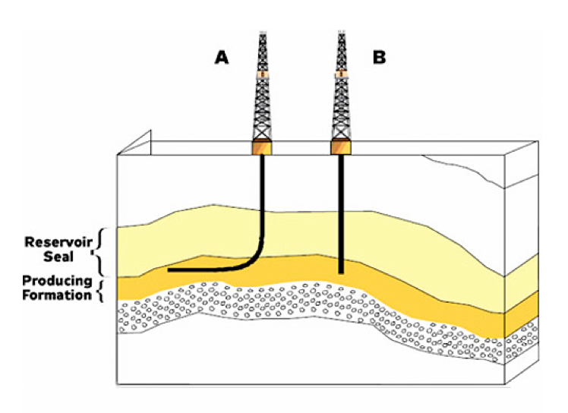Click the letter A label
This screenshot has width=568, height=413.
pyautogui.click(x=222, y=58)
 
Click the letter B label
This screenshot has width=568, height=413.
pyautogui.click(x=379, y=58)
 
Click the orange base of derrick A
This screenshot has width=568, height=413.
pyautogui.click(x=263, y=147)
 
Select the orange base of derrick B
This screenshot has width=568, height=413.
pyautogui.click(x=341, y=147)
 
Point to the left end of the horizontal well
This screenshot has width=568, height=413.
pyautogui.click(x=169, y=270)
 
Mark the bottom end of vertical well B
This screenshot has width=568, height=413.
pyautogui.click(x=341, y=271)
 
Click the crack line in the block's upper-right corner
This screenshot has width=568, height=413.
pyautogui.click(x=463, y=172)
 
